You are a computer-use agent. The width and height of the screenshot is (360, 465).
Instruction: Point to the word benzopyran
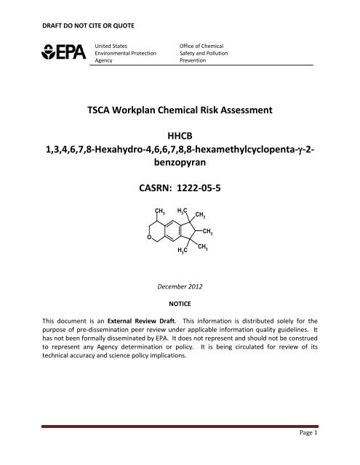point(179,166)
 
